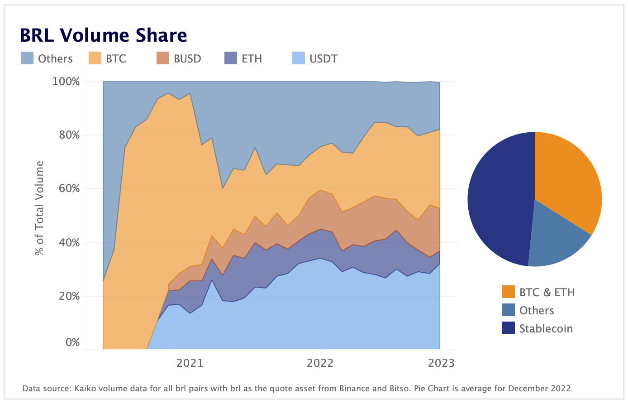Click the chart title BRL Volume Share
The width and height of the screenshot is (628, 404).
point(103,35)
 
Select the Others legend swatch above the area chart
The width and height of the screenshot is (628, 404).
point(27,58)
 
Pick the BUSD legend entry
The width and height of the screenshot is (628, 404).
point(178,58)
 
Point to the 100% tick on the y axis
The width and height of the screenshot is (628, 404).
point(66,82)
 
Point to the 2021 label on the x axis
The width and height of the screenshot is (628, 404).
point(190,363)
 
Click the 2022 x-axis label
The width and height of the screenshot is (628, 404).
point(320,363)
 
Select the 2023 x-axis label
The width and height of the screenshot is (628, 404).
point(441,363)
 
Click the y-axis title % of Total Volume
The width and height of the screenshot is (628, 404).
point(40,208)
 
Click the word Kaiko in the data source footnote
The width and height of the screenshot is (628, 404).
point(84,389)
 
